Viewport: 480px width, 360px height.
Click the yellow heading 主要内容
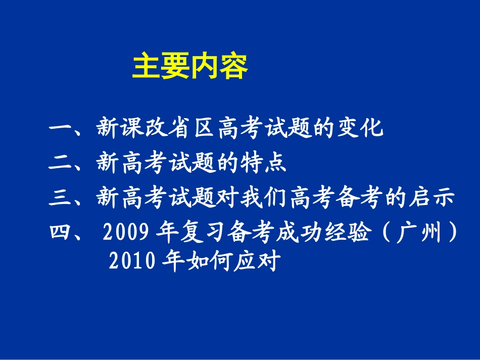coord(190,67)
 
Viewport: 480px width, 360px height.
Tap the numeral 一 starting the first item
coord(60,129)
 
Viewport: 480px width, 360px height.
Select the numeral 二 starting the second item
coord(60,164)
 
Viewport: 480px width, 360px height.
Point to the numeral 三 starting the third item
coord(60,198)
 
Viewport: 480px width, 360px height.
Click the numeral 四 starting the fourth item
coord(60,233)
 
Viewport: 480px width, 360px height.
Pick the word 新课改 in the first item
coord(132,129)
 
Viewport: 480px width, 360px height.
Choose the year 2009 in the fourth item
coord(125,233)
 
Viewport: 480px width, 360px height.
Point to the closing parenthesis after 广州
coord(454,233)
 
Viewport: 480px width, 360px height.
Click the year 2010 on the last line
coord(131,261)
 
